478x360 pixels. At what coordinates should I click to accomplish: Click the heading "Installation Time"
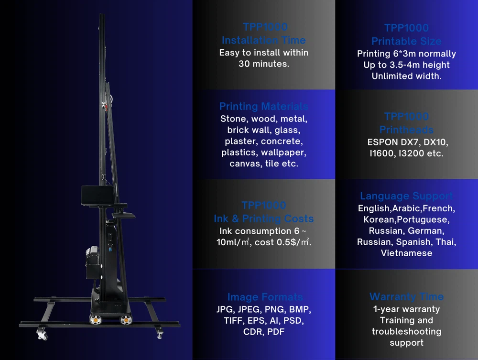263,40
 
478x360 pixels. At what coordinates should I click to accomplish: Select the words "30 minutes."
263,64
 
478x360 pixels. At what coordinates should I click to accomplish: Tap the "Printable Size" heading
406,41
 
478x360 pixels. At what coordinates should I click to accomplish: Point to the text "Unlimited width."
406,76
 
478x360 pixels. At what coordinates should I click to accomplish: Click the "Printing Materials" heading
263,106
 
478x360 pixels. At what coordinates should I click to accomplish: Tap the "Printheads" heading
406,130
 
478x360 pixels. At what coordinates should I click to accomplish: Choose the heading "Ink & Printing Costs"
263,218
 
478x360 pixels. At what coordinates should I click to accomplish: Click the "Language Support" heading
406,196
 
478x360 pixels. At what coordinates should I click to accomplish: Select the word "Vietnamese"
406,253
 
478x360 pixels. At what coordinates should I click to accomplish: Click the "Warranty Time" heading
406,297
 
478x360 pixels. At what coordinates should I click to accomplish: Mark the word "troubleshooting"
406,331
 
